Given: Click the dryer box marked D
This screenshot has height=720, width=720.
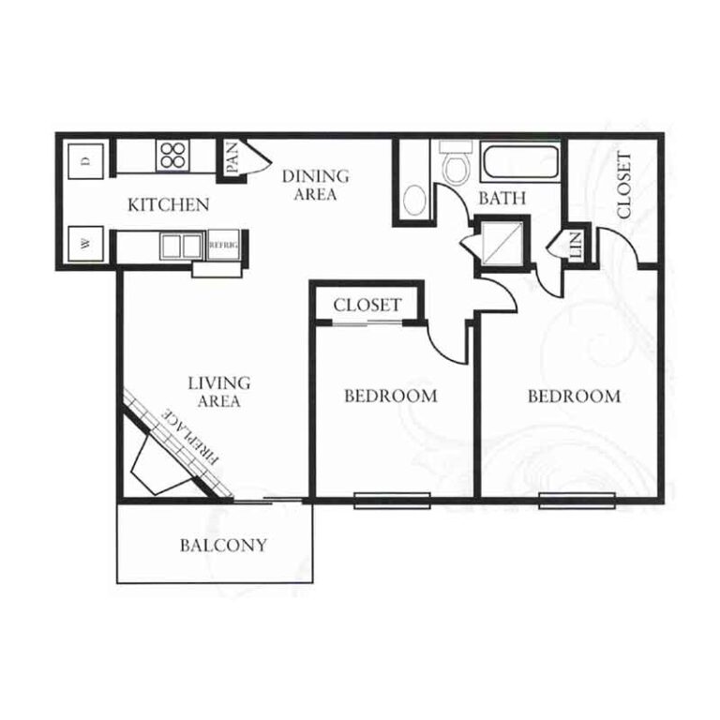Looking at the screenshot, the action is [x=86, y=161].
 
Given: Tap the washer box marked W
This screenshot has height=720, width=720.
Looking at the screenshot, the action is [x=86, y=244].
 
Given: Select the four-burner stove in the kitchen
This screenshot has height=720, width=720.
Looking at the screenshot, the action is [x=173, y=155].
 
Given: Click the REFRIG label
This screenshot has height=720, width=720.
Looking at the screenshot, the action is [x=224, y=246].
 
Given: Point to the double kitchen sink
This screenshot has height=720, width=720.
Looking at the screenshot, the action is [x=181, y=247].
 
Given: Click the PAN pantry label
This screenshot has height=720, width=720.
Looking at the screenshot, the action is [x=232, y=157].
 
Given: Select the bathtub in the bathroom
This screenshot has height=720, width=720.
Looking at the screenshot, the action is [x=520, y=161].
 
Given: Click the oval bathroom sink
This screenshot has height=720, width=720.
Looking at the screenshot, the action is [x=415, y=201].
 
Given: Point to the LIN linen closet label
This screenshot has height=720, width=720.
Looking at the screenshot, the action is [x=577, y=244].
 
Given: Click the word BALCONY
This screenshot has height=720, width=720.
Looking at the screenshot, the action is [x=224, y=545].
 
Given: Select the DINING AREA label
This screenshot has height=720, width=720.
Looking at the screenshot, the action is [x=315, y=185].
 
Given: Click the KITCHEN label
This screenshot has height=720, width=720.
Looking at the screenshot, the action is [x=169, y=204].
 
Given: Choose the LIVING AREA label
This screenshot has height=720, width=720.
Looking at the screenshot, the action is [x=219, y=392].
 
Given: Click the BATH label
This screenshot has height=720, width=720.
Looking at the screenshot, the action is [x=502, y=199].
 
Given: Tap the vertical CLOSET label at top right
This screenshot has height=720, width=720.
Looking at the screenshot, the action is [x=624, y=185].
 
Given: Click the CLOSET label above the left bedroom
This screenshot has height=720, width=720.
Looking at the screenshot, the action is [x=367, y=305].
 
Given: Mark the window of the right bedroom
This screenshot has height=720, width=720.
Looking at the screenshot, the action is [x=577, y=501].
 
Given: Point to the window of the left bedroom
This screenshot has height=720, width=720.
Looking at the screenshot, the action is [x=392, y=501].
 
